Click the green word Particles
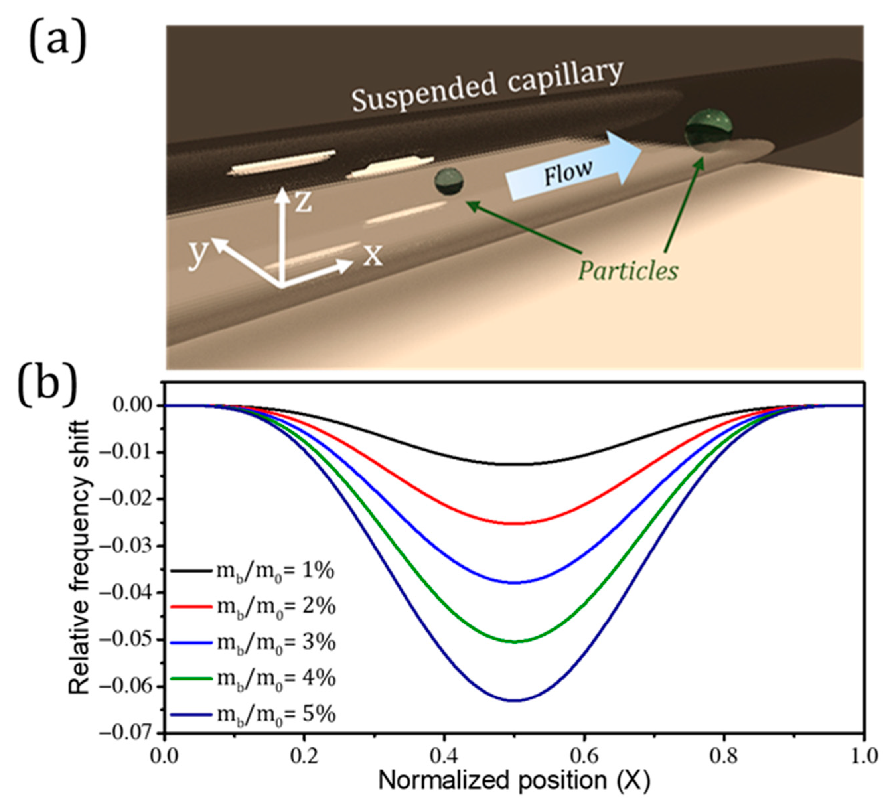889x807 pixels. pyautogui.click(x=628, y=270)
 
